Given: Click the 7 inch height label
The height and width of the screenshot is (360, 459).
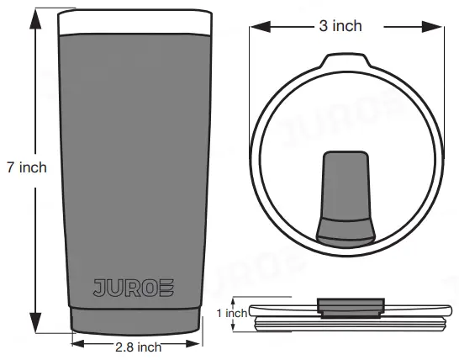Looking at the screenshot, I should pos(25,167).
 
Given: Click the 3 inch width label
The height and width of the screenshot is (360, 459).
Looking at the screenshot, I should pos(340,26).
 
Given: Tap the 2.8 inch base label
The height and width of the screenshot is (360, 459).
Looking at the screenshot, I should pos(138,346).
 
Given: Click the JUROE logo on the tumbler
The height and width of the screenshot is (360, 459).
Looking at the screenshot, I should pos(135,287).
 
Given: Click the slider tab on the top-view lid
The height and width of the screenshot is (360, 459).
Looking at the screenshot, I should pos(346,194).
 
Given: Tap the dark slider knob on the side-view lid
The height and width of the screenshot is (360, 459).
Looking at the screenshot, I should pos(351,305).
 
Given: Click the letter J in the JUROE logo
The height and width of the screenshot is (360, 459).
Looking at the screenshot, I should pos(98,287).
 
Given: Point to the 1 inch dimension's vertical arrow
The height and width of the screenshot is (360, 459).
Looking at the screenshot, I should pos(251,313).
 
